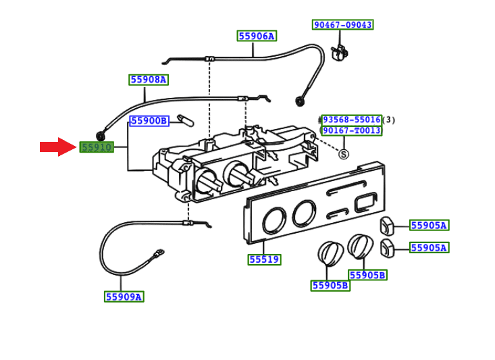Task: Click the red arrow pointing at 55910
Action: (58, 147)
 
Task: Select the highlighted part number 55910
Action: (97, 147)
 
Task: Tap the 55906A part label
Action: (257, 36)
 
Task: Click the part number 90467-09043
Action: (342, 25)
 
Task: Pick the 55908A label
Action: (149, 80)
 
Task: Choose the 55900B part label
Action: (149, 121)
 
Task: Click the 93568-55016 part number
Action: (351, 120)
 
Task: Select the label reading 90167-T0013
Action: (351, 130)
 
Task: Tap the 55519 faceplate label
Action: (264, 259)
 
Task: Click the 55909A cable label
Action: (124, 297)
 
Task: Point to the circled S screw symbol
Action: (343, 155)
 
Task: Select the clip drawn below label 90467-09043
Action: (342, 51)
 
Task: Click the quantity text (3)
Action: (388, 120)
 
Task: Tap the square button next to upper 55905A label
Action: (387, 225)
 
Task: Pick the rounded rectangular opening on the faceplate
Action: (366, 201)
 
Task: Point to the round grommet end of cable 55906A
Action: (299, 101)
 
